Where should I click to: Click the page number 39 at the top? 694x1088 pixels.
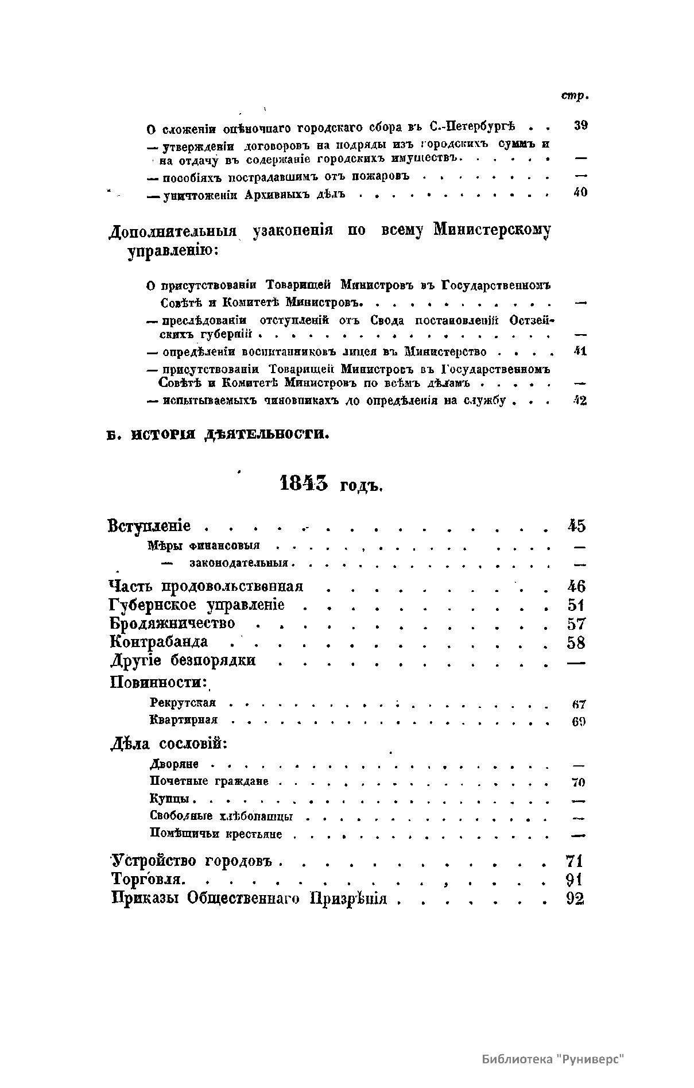tap(580, 126)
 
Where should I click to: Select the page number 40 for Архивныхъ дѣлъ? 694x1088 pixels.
tap(580, 192)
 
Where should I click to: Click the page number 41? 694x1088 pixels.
tap(580, 351)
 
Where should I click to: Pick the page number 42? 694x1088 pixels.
tap(580, 401)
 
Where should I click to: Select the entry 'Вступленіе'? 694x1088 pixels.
tap(149, 526)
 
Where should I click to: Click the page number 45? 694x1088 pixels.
tap(576, 525)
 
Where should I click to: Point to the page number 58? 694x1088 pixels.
tap(576, 642)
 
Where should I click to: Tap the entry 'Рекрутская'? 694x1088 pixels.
tap(183, 703)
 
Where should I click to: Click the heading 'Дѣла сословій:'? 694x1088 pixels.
tap(169, 744)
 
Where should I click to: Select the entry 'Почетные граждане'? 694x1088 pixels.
tap(209, 781)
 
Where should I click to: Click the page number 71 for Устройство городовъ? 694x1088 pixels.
tap(574, 861)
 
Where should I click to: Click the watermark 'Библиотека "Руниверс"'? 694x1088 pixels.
tap(553, 1060)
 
